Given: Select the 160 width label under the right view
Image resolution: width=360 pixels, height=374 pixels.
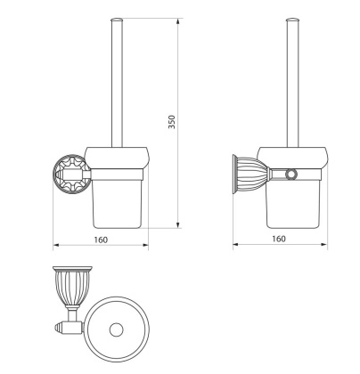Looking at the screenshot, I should (x=278, y=239).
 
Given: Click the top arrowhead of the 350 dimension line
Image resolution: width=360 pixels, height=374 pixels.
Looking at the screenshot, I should (x=179, y=19).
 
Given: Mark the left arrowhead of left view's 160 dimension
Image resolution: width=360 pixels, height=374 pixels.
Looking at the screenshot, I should (x=56, y=245).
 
